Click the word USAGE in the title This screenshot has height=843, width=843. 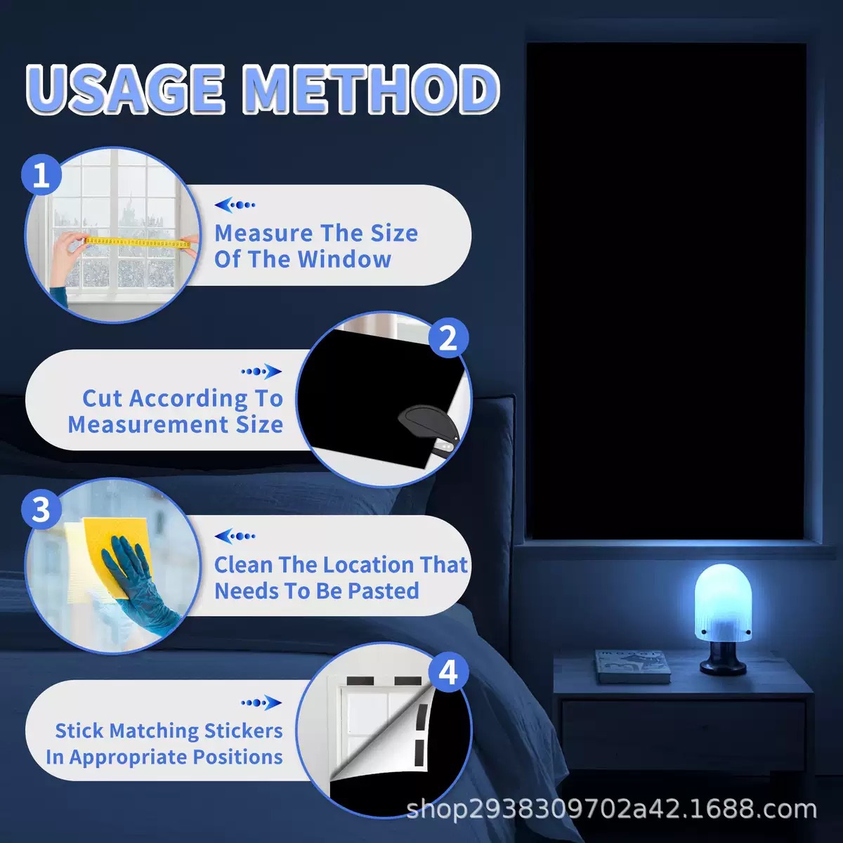125,90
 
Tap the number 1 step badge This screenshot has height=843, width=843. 41,175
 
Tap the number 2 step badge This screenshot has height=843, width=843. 448,338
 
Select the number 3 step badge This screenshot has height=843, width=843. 41,509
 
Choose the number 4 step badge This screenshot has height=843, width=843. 448,672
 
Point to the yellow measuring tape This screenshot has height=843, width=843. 138,243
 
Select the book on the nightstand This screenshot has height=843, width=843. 632,666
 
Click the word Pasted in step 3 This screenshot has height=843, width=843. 384,591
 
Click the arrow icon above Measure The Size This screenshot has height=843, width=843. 235,204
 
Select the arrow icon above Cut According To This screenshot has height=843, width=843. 261,372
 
